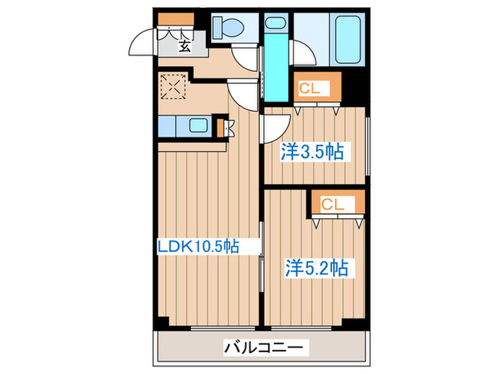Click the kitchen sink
tap(197, 128)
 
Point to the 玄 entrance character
tap(184, 47)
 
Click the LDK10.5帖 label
tap(197, 246)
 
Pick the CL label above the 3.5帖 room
tap(309, 89)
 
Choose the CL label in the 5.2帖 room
tap(332, 204)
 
